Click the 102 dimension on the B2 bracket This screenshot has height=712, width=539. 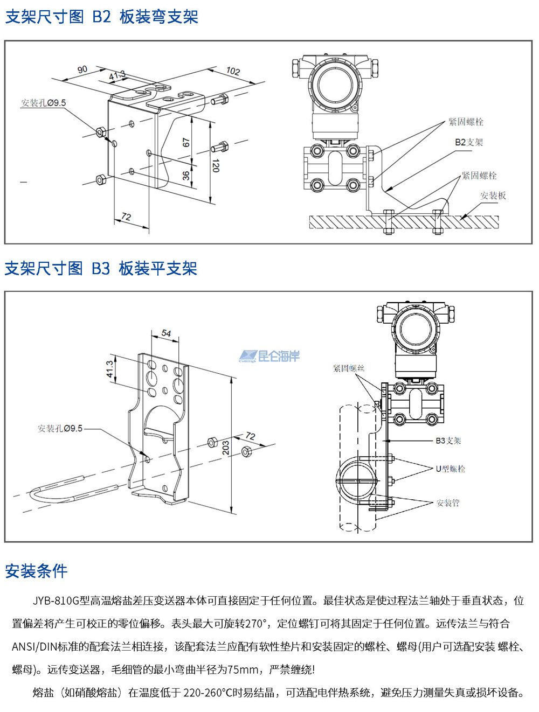[233, 71]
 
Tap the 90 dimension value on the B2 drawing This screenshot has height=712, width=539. [82, 69]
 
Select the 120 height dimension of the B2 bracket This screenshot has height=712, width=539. [216, 165]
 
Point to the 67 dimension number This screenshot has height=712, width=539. [186, 143]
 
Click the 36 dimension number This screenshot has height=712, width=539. [186, 176]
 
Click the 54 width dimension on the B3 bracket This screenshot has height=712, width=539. [166, 333]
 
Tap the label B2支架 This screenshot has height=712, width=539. [469, 142]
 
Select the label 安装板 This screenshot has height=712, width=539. [493, 196]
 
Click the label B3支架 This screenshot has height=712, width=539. [448, 441]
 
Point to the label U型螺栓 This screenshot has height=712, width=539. [450, 469]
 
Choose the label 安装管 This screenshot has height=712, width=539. [448, 502]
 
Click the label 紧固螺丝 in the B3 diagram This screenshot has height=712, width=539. [349, 368]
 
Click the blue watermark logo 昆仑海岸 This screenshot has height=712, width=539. [269, 356]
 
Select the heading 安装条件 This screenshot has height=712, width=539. [36, 571]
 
